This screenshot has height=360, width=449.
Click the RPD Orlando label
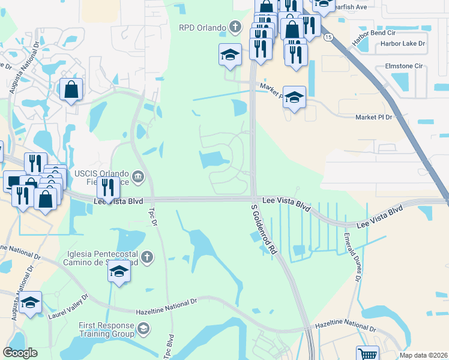coord(201,27)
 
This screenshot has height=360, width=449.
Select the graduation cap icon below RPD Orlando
coord(230,55)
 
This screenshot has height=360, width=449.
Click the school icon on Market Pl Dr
coord(294,98)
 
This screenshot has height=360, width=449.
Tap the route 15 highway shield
coord(327,37)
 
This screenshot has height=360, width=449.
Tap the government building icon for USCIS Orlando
coord(138,176)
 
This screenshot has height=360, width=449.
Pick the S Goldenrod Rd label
coord(264,228)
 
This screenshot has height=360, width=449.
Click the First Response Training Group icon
coord(143,329)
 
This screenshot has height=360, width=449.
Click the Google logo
coord(20,353)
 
